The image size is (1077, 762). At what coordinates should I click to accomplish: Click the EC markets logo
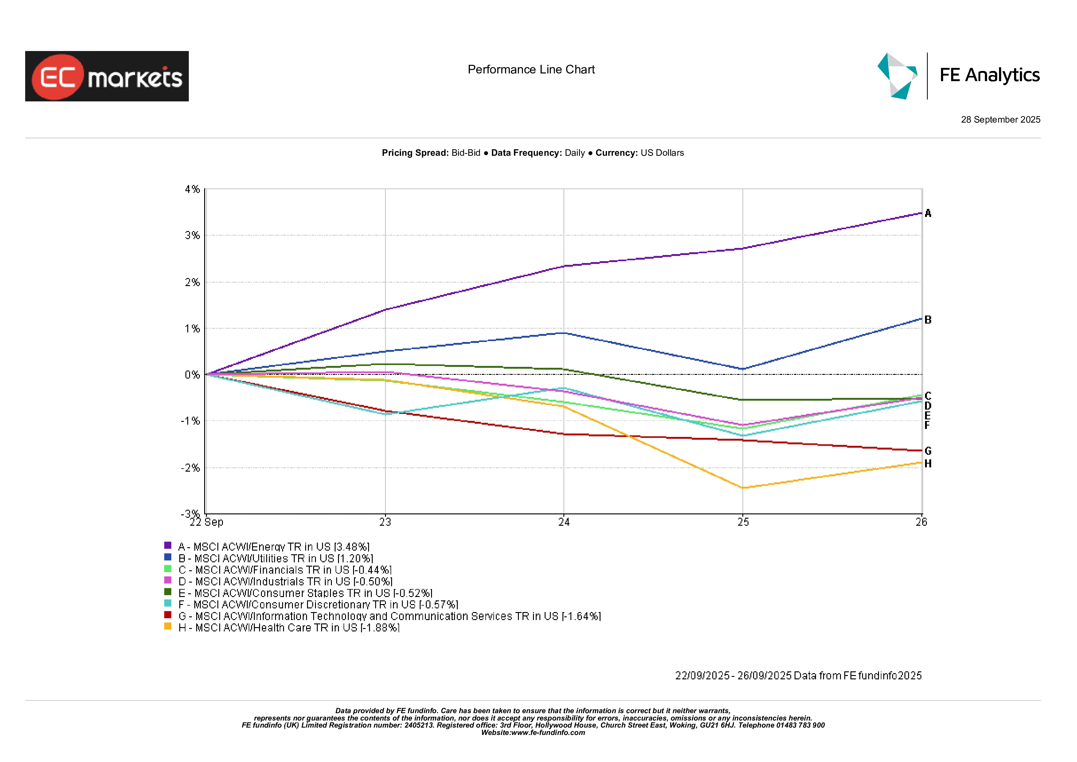click(107, 76)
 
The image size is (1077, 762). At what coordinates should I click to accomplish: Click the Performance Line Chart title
click(531, 69)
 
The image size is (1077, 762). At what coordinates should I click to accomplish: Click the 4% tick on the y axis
click(192, 189)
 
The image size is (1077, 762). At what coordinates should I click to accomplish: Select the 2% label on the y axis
click(192, 282)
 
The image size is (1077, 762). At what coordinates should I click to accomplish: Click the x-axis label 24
click(564, 522)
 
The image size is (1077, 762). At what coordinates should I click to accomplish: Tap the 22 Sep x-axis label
click(206, 522)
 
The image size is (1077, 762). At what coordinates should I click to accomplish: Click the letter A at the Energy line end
click(928, 214)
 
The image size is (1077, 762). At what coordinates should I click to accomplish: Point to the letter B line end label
click(928, 320)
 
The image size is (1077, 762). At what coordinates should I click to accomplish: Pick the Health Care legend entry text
click(289, 628)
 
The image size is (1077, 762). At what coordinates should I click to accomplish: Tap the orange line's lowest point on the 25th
click(743, 488)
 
